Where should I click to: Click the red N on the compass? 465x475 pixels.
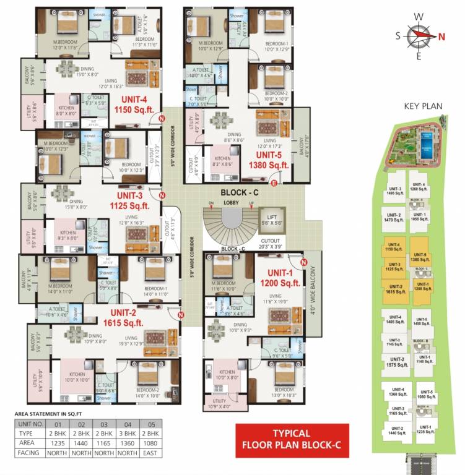[x=441, y=35]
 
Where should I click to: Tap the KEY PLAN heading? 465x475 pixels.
[x=423, y=106]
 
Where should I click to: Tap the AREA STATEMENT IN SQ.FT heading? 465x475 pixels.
[x=48, y=414]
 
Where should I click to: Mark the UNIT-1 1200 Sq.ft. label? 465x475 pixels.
[x=283, y=278]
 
